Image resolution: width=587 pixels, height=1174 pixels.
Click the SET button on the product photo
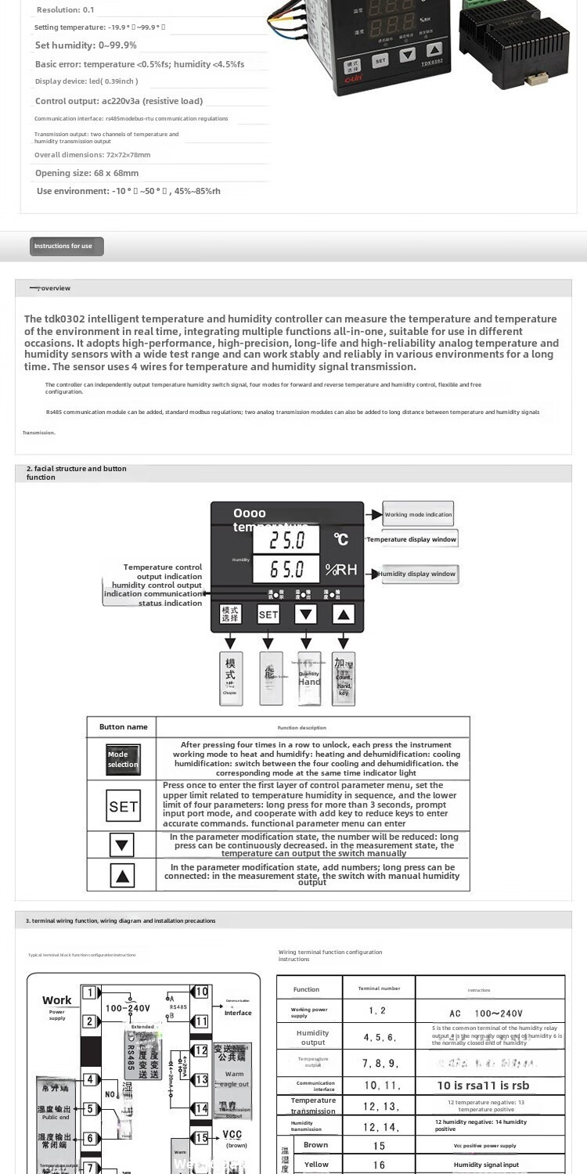point(380,59)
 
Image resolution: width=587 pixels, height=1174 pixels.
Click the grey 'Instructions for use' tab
point(67,246)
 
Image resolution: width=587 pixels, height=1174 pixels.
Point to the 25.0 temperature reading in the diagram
point(286,540)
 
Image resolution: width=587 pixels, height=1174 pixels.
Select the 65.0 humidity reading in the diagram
point(286,569)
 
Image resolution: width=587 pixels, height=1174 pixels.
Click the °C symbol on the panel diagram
point(341,539)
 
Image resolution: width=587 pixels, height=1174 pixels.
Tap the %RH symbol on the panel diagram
point(342,570)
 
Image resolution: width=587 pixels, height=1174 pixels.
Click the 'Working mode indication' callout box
point(418,514)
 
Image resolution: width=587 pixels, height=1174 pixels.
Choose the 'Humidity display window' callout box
point(418,574)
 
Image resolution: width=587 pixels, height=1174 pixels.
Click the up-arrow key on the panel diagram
point(344,614)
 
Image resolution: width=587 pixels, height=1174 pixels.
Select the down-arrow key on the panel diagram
point(306,614)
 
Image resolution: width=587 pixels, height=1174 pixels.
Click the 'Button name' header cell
point(123,727)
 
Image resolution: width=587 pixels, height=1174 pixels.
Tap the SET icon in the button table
point(123,806)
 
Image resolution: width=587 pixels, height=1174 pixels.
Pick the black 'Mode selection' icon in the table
point(123,759)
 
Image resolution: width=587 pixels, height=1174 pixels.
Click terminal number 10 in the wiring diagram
point(201,992)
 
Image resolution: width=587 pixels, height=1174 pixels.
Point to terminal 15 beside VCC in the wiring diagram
point(201,1138)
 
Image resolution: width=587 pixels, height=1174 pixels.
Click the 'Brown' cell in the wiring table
point(315,1145)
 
